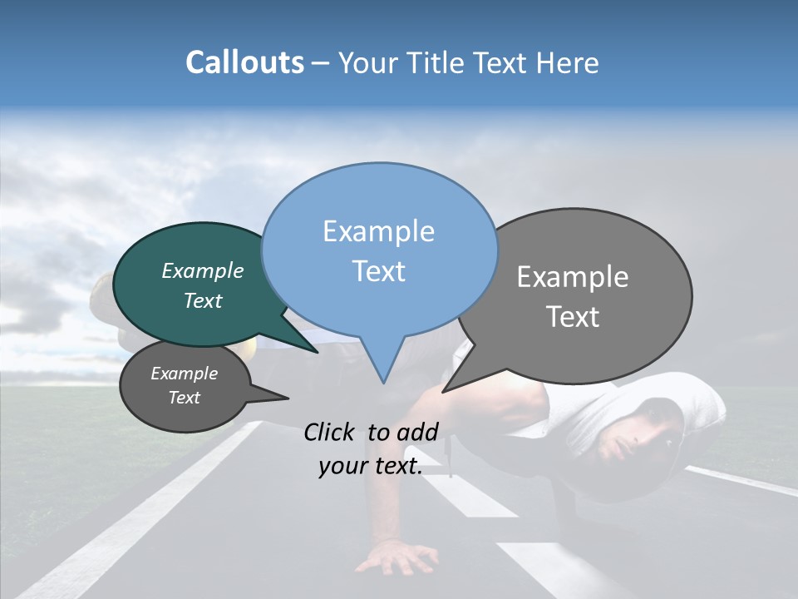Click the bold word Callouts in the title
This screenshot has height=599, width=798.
[x=244, y=62]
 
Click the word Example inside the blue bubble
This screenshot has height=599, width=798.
[x=378, y=231]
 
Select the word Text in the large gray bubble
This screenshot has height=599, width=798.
[x=574, y=317]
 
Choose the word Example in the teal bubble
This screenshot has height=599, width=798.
[x=203, y=270]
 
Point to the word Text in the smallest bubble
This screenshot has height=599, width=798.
[x=185, y=398]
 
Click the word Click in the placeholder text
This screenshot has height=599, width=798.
[x=330, y=432]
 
